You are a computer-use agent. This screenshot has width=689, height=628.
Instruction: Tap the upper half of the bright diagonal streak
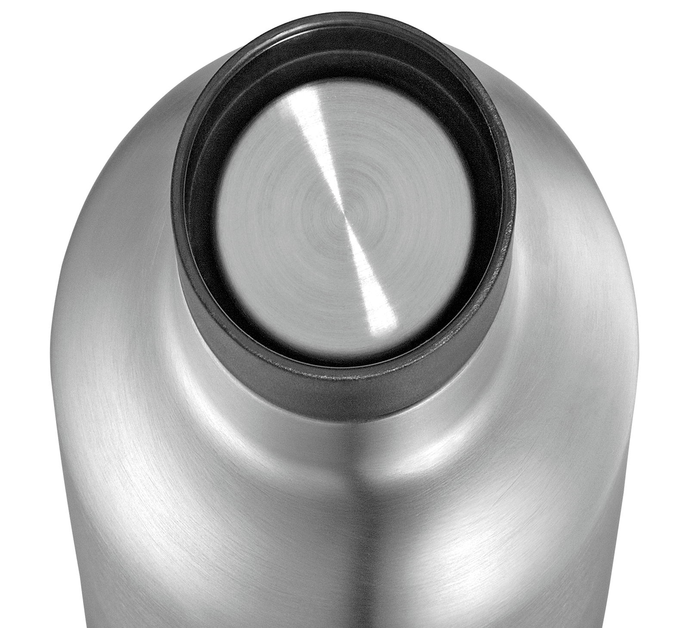pyautogui.click(x=325, y=142)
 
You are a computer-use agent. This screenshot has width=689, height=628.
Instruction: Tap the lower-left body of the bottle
pyautogui.click(x=172, y=538)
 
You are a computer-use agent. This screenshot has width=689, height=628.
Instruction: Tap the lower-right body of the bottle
pyautogui.click(x=517, y=538)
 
